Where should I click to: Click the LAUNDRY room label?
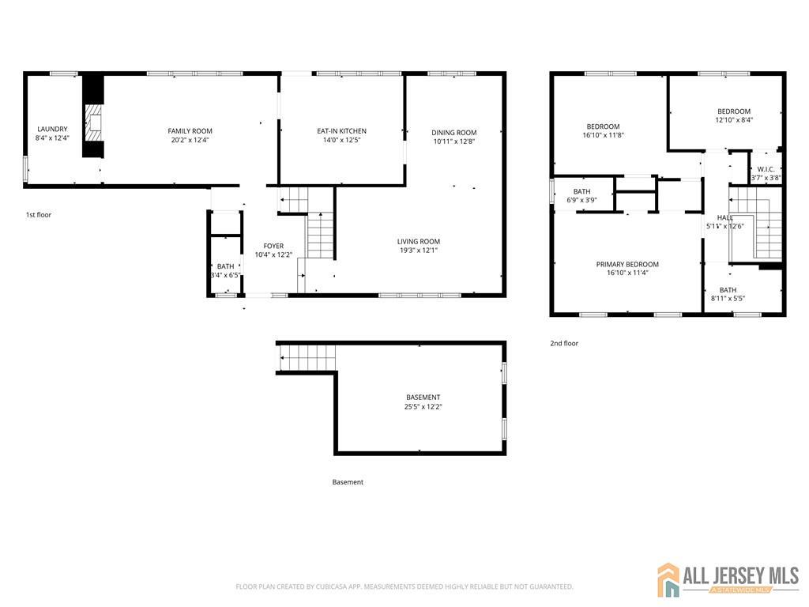click(x=52, y=129)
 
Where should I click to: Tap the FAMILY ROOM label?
click(x=190, y=130)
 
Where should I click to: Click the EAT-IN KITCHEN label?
click(x=341, y=130)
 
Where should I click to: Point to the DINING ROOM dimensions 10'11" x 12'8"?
click(x=454, y=142)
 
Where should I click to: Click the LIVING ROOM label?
click(x=419, y=241)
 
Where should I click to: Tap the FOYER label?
click(x=273, y=246)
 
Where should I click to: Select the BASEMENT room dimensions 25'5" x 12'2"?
click(x=423, y=407)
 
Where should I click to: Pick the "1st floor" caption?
click(x=39, y=214)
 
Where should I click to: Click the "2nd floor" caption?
click(x=564, y=343)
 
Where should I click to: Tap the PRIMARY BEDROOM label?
click(x=627, y=264)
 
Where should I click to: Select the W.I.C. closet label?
click(x=766, y=168)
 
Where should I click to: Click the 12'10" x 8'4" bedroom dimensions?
click(x=734, y=120)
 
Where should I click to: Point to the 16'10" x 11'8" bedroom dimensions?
click(x=603, y=135)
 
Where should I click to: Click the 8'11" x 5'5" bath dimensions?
click(x=728, y=299)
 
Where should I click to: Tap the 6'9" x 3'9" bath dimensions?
click(x=581, y=200)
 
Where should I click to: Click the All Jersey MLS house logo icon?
click(x=668, y=579)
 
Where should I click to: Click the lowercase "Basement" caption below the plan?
click(x=348, y=481)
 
